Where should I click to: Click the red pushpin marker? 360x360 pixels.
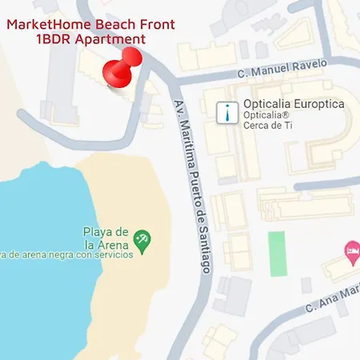122,69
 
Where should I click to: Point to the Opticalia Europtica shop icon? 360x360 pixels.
230,112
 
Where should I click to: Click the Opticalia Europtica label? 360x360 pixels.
293,105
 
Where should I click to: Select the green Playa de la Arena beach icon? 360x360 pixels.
142,238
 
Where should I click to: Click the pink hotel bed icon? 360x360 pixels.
350,250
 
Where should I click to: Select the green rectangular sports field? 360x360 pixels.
276,254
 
